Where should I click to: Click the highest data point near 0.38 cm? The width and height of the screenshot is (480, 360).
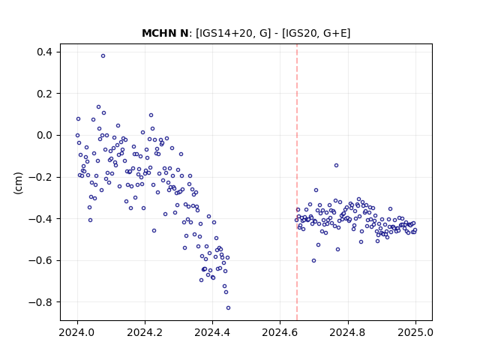(103, 56)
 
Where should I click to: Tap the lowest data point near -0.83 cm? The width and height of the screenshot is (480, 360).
(228, 308)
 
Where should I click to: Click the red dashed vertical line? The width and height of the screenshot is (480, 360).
(297, 182)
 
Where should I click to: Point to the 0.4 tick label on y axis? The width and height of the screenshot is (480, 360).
(44, 52)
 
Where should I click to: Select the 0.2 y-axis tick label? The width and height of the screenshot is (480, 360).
(44, 94)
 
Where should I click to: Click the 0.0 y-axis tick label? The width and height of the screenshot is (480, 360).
(44, 135)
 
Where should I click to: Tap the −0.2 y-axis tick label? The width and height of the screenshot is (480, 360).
(40, 177)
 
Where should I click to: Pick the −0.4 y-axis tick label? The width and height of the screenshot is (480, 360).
(40, 219)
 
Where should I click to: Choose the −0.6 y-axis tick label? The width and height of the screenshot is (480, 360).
(40, 260)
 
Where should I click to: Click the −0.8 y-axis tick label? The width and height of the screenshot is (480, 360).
(40, 302)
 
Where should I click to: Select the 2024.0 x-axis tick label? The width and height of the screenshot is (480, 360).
(77, 332)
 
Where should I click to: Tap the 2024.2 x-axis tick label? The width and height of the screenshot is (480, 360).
(145, 332)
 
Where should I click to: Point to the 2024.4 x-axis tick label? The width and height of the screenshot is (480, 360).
(212, 332)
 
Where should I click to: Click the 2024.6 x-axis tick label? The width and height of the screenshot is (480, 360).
(280, 332)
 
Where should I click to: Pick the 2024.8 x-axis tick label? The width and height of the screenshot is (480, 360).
(348, 332)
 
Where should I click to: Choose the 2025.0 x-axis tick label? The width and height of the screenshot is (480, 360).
(415, 332)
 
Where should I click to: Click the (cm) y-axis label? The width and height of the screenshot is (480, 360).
(18, 183)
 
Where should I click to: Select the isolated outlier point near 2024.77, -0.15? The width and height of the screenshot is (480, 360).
(337, 165)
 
